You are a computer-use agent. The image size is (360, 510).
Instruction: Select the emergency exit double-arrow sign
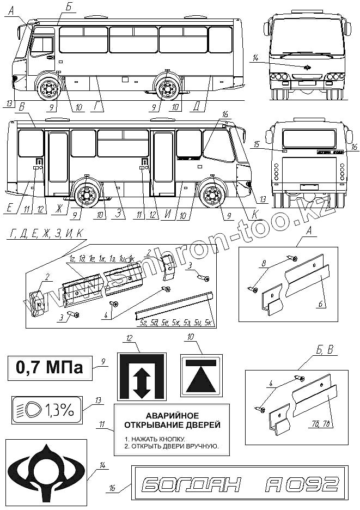(142, 377)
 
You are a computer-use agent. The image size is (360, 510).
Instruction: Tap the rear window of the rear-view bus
(309, 138)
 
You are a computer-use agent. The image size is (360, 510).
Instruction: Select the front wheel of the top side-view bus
(48, 89)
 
